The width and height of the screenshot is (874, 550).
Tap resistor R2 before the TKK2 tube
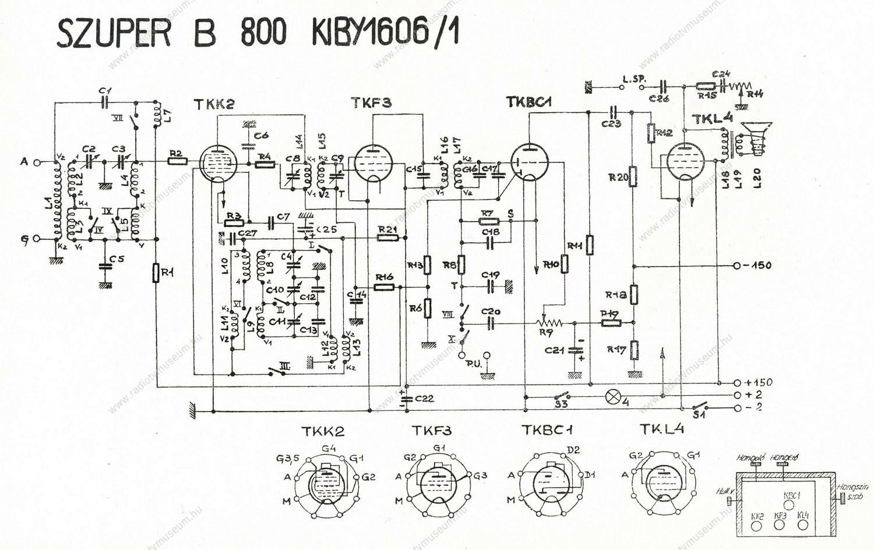click(x=177, y=161)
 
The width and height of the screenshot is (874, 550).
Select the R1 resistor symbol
click(x=156, y=272)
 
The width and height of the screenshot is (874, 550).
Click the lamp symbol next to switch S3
click(x=612, y=396)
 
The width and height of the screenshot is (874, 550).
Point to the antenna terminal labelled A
click(x=24, y=162)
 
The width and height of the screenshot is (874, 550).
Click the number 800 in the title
click(x=263, y=34)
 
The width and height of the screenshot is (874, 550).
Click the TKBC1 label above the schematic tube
click(x=529, y=102)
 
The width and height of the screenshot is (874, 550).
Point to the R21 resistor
click(x=387, y=237)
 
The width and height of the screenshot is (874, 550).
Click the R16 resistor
click(x=385, y=287)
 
